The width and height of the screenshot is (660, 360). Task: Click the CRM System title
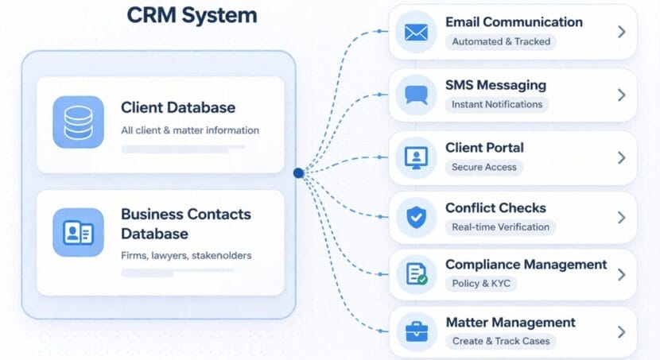[x=192, y=15]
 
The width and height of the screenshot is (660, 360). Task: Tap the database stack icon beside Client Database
[x=78, y=122]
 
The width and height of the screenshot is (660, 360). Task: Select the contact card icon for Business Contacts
[x=78, y=233]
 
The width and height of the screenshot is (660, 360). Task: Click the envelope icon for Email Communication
[x=416, y=33]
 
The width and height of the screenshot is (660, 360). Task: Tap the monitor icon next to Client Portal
[x=416, y=157]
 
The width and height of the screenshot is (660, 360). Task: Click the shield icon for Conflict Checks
[x=416, y=217]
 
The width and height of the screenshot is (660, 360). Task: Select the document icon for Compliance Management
[x=416, y=274]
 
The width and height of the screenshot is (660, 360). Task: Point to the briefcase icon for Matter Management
[x=416, y=331]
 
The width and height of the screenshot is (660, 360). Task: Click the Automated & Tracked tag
[x=500, y=41]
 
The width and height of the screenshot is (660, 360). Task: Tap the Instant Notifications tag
[x=496, y=104]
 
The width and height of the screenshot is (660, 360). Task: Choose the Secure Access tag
[x=483, y=167]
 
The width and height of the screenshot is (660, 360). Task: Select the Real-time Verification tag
[x=500, y=226]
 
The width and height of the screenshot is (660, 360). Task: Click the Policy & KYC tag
[x=481, y=284]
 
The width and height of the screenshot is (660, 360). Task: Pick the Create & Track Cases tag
[x=501, y=341]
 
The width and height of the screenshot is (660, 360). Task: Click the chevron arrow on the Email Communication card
[x=622, y=32]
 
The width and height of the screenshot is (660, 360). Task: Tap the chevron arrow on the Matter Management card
[x=622, y=331]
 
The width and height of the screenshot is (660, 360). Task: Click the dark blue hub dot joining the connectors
[x=298, y=172]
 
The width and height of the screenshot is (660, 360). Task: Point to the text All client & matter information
[x=190, y=130]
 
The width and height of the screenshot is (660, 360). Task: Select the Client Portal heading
[x=484, y=148]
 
